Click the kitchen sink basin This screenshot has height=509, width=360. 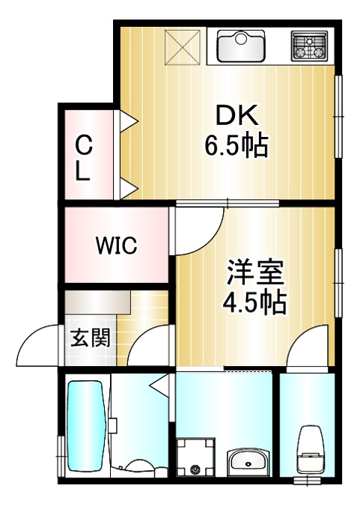(x=241, y=46)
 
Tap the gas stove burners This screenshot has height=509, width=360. (x=308, y=46)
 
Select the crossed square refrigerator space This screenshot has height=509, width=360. (x=183, y=46)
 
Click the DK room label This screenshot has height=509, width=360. (x=237, y=115)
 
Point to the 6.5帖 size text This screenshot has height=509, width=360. (x=237, y=145)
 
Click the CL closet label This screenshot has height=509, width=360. (x=83, y=158)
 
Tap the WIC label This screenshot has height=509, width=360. (x=117, y=245)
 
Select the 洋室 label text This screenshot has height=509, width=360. (x=254, y=272)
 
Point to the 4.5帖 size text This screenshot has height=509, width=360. (x=254, y=302)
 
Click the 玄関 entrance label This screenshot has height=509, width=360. (x=91, y=338)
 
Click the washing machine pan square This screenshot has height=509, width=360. (x=196, y=457)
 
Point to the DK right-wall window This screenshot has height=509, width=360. (x=338, y=117)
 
